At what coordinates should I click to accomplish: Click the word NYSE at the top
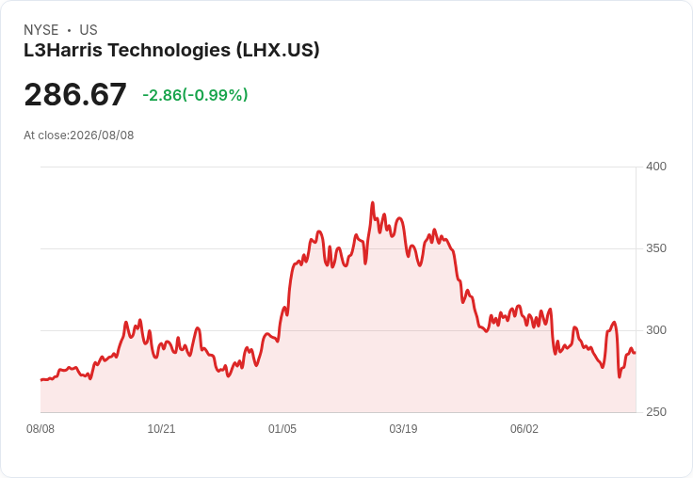pyautogui.click(x=41, y=30)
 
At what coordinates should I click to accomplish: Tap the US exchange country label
pyautogui.click(x=89, y=30)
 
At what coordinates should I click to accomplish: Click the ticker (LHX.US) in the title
pyautogui.click(x=278, y=50)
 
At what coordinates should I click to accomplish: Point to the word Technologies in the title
pyautogui.click(x=169, y=51)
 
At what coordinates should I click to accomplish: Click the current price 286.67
pyautogui.click(x=75, y=94)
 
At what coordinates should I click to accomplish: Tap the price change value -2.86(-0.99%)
pyautogui.click(x=195, y=95)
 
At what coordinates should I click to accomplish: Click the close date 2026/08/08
pyautogui.click(x=102, y=135)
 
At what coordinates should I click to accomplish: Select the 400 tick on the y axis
pyautogui.click(x=656, y=167)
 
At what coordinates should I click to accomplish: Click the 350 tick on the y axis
pyautogui.click(x=656, y=248)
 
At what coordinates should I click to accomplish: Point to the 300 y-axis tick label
pyautogui.click(x=656, y=330)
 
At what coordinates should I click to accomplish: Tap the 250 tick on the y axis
pyautogui.click(x=656, y=412)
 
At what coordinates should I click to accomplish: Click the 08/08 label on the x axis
pyautogui.click(x=40, y=429)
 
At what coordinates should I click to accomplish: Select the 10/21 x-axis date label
pyautogui.click(x=161, y=429)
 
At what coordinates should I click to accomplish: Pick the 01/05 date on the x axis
pyautogui.click(x=282, y=429)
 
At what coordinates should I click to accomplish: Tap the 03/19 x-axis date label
pyautogui.click(x=403, y=429)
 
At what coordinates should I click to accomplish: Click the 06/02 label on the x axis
pyautogui.click(x=524, y=429)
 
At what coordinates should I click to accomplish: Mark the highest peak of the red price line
pyautogui.click(x=373, y=203)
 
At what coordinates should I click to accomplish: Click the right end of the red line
pyautogui.click(x=636, y=353)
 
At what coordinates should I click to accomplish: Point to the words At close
pyautogui.click(x=46, y=135)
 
